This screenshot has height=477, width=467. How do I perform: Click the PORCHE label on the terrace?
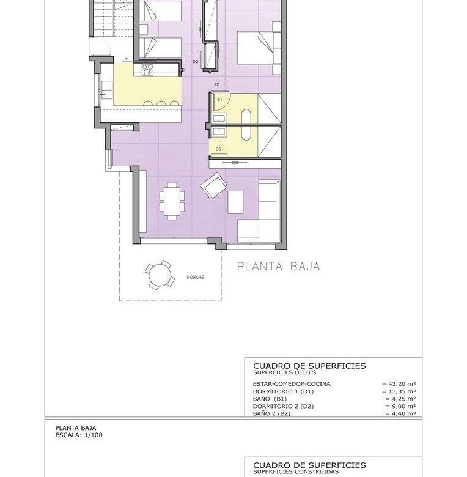(195, 277)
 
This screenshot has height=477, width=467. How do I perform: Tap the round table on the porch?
(160, 275)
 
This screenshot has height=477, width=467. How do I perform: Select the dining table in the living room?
(172, 201)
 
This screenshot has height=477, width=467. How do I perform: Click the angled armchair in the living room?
(213, 185)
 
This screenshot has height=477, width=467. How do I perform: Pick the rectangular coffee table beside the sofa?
(235, 202)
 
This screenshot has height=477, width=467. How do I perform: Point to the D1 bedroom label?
(217, 84)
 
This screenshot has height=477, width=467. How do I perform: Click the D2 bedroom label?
(195, 61)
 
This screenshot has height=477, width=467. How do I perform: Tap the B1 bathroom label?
(219, 99)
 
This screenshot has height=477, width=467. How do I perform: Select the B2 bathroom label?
(218, 149)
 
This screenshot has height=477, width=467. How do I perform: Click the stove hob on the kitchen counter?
(148, 70)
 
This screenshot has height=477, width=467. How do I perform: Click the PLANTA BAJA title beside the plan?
(278, 267)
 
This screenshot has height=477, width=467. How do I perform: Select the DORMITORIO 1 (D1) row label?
(283, 391)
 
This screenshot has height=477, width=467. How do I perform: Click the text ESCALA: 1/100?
(79, 435)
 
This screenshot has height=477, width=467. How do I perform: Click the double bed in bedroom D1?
(259, 48)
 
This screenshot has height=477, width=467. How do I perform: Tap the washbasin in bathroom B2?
(219, 131)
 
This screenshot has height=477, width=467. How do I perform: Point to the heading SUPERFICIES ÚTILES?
(284, 372)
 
